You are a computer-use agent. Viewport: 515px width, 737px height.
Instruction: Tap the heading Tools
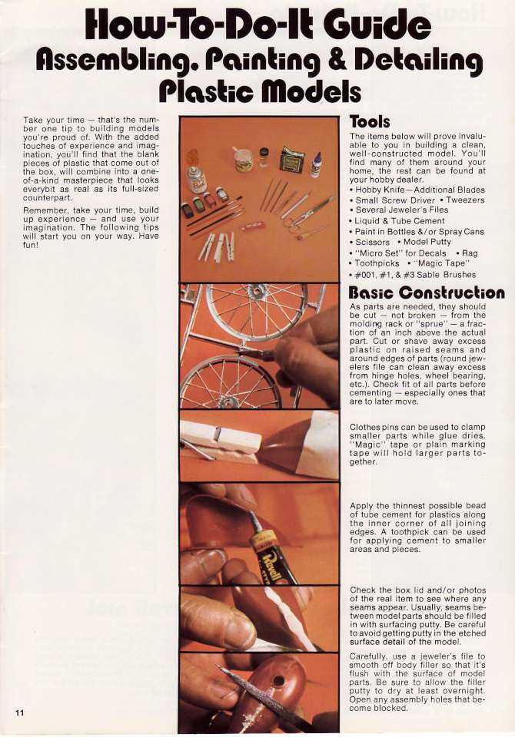coord(370,122)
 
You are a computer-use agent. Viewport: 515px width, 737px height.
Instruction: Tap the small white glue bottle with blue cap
coord(316,164)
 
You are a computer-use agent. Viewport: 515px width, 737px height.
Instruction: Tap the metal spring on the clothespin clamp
coord(218,435)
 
